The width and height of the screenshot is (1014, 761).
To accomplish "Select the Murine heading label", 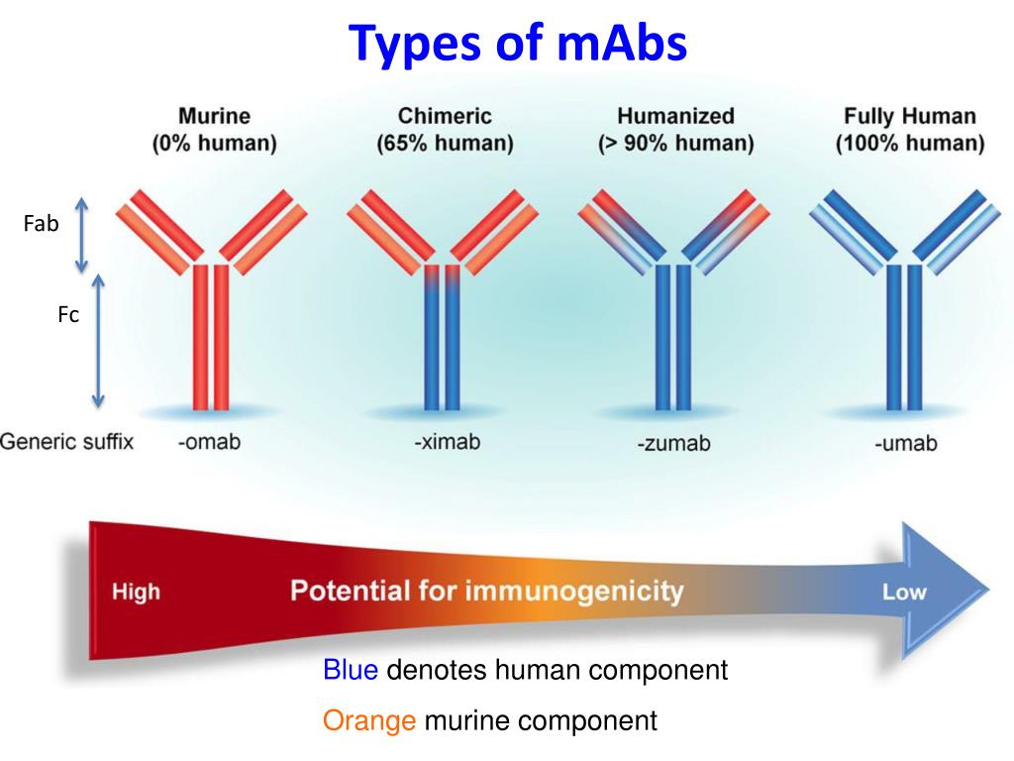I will tap(214, 117).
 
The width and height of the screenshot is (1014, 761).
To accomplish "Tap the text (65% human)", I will tap(445, 144).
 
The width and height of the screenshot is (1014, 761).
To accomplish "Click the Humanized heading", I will tap(676, 117).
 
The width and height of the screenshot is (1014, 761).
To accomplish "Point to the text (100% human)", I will tap(910, 144).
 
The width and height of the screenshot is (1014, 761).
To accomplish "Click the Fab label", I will tap(41, 224).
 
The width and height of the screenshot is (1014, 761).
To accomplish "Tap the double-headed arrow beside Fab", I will tap(82, 235).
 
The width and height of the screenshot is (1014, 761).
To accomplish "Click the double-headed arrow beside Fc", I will tap(97, 341).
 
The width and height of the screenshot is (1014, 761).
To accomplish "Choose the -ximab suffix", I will tap(447, 442).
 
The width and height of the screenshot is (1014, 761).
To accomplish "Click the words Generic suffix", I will tap(66, 442).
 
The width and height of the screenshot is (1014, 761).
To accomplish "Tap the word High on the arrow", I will tap(136, 593).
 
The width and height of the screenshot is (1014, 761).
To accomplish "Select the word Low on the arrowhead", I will tap(904, 593).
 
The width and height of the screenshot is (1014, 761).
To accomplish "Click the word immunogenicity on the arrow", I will tap(574, 592).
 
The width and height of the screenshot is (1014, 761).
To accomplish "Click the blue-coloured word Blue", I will tap(351, 671).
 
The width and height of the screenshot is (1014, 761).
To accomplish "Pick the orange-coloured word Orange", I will tap(369, 720).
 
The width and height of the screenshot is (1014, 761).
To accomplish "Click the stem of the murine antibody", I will tap(210, 337).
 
